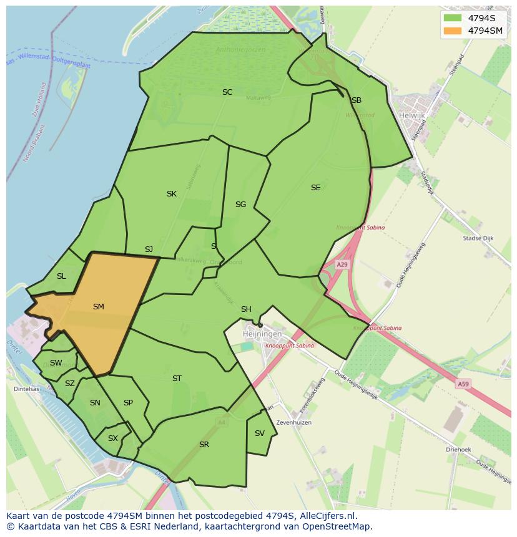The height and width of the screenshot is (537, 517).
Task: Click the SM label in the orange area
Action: coord(98,307)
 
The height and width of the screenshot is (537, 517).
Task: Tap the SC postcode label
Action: coord(227,92)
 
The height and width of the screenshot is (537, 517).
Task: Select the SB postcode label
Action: coord(356,100)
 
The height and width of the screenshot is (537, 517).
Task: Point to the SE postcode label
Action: coord(315,188)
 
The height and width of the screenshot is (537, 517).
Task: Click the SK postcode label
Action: coord(171,194)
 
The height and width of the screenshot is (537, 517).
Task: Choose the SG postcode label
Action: coord(240,205)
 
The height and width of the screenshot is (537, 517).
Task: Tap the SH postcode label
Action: coord(246,309)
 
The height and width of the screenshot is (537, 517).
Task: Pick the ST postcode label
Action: coord(177,379)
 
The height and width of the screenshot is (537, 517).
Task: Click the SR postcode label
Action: coord(204,445)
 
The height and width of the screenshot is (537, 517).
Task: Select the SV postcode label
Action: coord(259,433)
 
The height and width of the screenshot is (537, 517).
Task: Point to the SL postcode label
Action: coord(61,276)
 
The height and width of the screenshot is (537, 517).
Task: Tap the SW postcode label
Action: coord(56,363)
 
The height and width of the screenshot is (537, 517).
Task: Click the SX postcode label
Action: coord(112,438)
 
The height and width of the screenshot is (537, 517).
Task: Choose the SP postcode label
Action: coord(128,403)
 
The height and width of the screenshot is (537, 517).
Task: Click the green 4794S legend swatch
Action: coord(452,18)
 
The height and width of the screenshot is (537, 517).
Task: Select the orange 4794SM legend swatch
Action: coord(452,31)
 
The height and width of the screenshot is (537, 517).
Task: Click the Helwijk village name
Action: coord(413,115)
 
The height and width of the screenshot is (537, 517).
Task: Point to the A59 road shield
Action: coord(463,384)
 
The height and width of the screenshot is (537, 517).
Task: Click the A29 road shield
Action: coord(342,264)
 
